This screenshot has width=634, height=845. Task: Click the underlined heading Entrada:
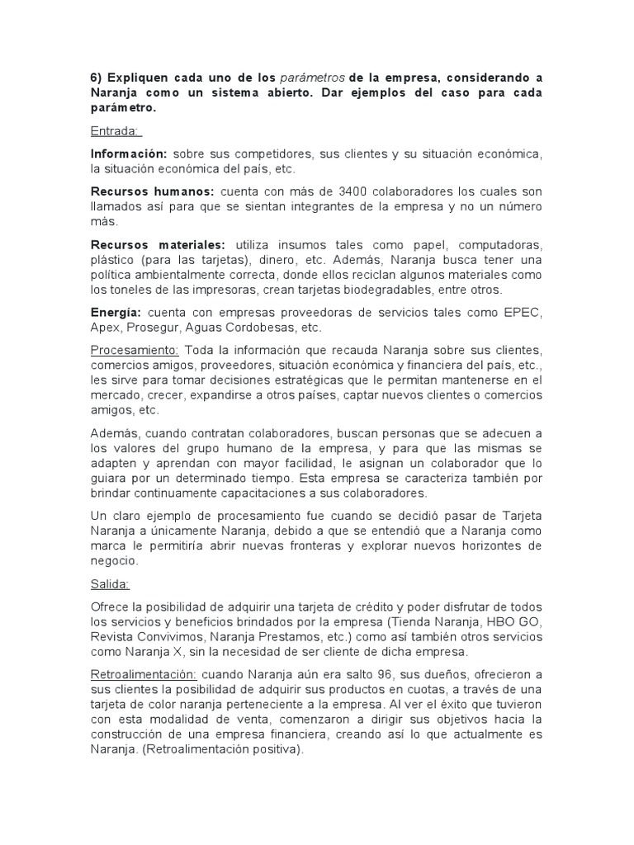coord(116,131)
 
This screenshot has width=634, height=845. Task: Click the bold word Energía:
coord(116,312)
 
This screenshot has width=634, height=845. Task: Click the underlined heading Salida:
coord(109,584)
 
